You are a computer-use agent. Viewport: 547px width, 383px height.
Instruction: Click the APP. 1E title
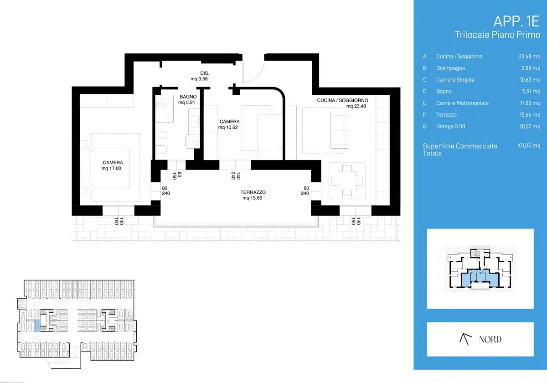(516, 21)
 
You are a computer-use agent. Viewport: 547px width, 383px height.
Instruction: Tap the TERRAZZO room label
(253, 192)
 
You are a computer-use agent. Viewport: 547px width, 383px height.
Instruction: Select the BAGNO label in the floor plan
(188, 97)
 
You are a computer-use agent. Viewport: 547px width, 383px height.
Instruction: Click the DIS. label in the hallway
(205, 73)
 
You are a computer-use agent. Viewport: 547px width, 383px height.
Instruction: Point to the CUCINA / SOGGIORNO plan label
(342, 100)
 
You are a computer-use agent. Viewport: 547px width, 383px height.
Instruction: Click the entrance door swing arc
(259, 78)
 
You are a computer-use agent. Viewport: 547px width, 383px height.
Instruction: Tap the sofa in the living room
(340, 130)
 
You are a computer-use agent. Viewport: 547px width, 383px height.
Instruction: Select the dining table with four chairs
(347, 181)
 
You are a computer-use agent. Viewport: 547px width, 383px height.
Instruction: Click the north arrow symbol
(465, 339)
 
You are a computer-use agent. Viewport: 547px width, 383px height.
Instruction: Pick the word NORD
(490, 339)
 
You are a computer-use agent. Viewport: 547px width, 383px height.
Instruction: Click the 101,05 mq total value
(528, 145)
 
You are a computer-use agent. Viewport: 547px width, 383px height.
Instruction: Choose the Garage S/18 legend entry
(450, 126)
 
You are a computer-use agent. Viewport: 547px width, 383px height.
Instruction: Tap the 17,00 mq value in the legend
(530, 103)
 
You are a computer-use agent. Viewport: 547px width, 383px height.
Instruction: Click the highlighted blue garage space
(37, 326)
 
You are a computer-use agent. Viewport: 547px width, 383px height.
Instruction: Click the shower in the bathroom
(165, 109)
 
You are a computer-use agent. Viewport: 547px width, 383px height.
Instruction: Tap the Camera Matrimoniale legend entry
(462, 103)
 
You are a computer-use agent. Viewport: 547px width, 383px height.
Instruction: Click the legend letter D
(425, 91)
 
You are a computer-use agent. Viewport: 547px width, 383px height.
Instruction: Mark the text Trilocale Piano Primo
(497, 35)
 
